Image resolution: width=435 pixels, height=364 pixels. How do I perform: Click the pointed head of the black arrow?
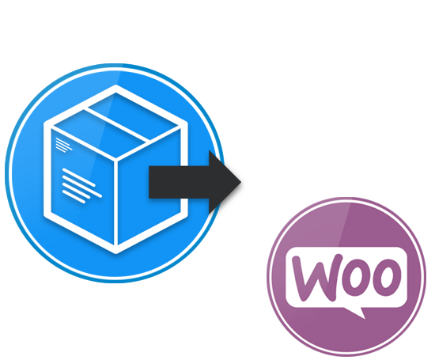tap(240, 182)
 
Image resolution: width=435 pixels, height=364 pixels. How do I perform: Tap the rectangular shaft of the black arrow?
tap(179, 182)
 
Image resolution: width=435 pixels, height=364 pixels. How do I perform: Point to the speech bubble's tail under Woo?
tap(356, 313)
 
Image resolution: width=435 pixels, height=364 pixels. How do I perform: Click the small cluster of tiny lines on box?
tap(64, 145)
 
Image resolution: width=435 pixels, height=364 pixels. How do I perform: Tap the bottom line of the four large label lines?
tap(74, 197)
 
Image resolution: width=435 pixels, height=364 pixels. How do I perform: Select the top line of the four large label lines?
tap(79, 177)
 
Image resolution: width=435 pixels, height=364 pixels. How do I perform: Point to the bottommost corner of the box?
tap(115, 253)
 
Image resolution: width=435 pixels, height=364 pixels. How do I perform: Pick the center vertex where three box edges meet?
tap(116, 159)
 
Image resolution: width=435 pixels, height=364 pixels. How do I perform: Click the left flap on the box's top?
tap(100, 134)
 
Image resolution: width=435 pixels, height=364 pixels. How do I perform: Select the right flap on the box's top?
tap(133, 116)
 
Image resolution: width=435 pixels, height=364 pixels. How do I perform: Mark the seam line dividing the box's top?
tap(117, 124)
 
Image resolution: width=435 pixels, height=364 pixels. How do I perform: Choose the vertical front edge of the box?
tap(116, 203)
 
